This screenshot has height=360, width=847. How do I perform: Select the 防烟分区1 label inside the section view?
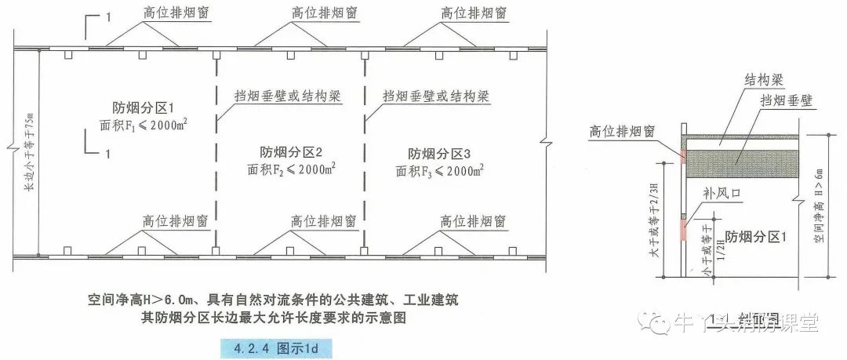coord(754,235)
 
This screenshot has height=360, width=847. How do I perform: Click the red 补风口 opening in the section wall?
coord(683,227)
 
